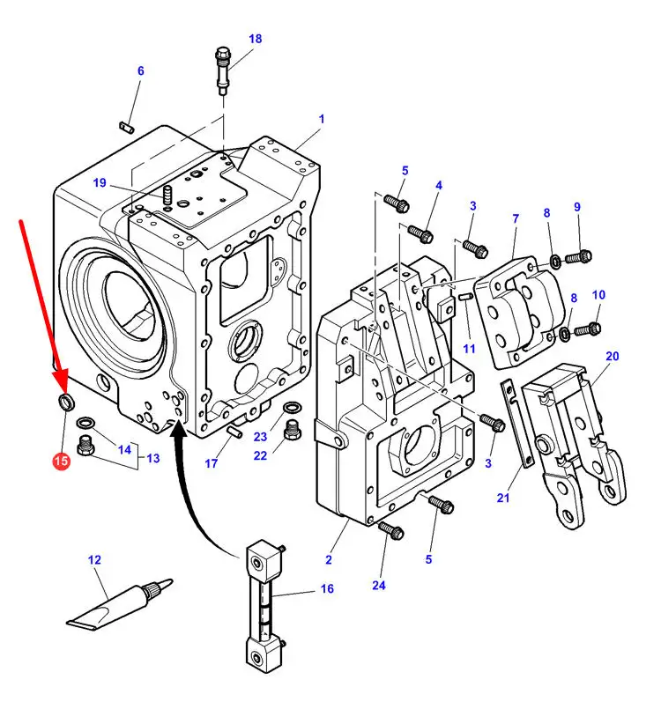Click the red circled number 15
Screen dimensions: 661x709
tap(61, 461)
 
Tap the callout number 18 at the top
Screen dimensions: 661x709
tap(256, 39)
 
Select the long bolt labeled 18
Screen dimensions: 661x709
tap(222, 70)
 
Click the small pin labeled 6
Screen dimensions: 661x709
tap(127, 127)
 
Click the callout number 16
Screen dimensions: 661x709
tap(327, 588)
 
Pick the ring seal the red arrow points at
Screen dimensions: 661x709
tap(67, 402)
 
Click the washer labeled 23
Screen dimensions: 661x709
tap(291, 408)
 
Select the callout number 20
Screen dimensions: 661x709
tap(613, 357)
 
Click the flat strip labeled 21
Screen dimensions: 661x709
tap(517, 423)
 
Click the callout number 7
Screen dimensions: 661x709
tap(516, 218)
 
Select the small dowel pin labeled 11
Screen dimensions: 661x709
tap(466, 297)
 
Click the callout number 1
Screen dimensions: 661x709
tap(322, 120)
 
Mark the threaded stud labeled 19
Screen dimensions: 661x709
tap(167, 195)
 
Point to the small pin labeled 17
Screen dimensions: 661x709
tap(234, 432)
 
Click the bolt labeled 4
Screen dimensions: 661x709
tap(420, 233)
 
